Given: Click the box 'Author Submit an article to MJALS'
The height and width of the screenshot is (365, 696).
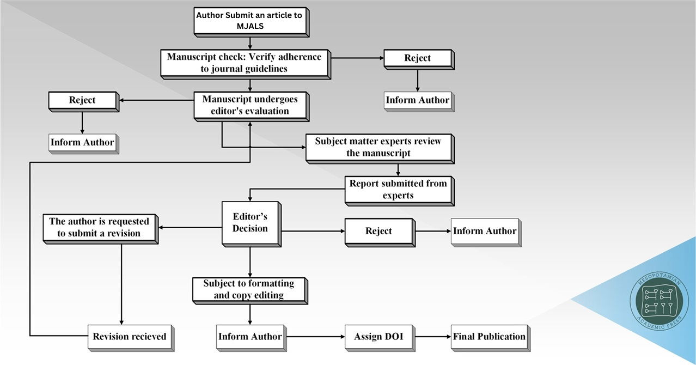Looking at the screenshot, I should click(x=249, y=21).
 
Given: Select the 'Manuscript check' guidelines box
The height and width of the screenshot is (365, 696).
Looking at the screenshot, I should click(x=244, y=63).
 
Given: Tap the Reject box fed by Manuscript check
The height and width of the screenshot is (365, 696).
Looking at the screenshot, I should click(x=417, y=58).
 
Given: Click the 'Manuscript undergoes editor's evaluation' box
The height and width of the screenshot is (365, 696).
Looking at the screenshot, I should click(x=251, y=105).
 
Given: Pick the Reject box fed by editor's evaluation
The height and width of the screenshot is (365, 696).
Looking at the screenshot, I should click(x=82, y=100).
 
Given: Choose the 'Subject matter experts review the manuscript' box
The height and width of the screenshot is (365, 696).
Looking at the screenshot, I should click(x=378, y=147).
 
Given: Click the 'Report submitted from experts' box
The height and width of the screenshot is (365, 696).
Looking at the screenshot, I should click(x=398, y=189).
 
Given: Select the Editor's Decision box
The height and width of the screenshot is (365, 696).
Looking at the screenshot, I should click(x=250, y=222).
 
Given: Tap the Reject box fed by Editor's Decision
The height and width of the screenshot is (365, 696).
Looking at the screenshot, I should click(x=378, y=231).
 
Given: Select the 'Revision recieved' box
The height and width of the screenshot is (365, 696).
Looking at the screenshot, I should click(x=129, y=336).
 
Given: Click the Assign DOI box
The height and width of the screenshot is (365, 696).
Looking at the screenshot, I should click(x=378, y=336).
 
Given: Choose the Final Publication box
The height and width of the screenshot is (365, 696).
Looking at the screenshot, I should click(x=489, y=336).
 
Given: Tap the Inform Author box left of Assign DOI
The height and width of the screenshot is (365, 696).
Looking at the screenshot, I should click(x=249, y=336).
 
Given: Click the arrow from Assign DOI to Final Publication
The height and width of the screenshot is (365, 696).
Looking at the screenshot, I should click(x=432, y=337).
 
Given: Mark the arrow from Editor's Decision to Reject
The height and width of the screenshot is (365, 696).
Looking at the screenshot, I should click(x=313, y=231).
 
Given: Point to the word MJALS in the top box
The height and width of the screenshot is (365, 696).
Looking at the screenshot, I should click(x=250, y=26).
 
